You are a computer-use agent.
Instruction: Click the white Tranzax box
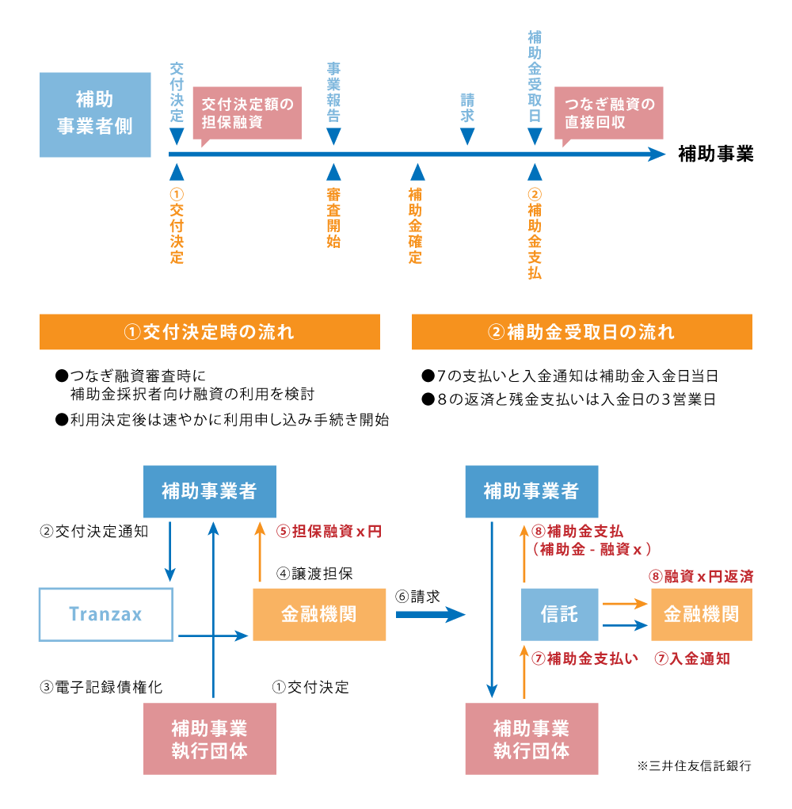point(106,614)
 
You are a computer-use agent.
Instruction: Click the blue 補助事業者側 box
point(95,114)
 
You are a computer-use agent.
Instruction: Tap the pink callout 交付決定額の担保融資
point(247,113)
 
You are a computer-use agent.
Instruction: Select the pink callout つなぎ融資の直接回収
point(608,113)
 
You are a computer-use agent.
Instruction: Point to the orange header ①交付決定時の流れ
point(210,332)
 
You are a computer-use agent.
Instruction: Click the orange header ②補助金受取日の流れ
point(581,332)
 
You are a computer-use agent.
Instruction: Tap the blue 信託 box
point(559,614)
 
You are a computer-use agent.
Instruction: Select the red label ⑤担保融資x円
point(329,532)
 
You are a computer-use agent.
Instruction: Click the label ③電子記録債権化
point(101,687)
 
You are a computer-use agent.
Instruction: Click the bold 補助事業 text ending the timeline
point(715,155)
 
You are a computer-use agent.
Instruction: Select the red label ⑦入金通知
point(691,658)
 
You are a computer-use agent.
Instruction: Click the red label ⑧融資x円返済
point(700,577)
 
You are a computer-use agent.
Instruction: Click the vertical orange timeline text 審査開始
point(333,218)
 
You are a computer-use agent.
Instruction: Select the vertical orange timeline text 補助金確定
point(416,226)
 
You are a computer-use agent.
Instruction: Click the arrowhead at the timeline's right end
point(657,155)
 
